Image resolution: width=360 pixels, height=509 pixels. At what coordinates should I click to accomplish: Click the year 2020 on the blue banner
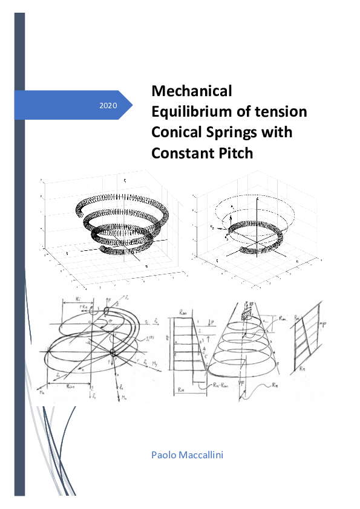tap(108, 106)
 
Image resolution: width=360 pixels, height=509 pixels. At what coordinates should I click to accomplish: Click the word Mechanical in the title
tap(191, 91)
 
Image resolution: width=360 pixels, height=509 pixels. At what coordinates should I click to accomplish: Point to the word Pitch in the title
tap(232, 153)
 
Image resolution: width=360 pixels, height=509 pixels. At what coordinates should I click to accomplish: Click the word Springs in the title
tap(230, 132)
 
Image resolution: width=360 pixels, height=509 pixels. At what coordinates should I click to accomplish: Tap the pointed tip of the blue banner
tap(133, 105)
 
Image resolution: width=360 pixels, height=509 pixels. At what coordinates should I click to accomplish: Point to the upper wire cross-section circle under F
tap(107, 311)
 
